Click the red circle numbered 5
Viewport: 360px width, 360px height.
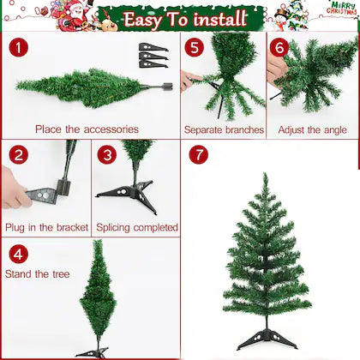tap(195, 48)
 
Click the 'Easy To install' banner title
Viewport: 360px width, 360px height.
tap(184, 18)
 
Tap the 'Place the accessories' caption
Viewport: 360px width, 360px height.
tap(87, 129)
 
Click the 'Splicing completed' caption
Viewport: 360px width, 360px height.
tap(136, 228)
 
